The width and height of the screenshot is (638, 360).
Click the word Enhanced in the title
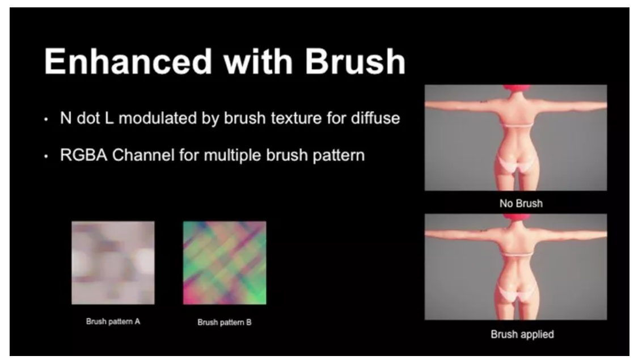(x=128, y=61)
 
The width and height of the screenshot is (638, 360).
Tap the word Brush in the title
(x=355, y=61)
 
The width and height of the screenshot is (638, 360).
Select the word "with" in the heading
(x=258, y=61)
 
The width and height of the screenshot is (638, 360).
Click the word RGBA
(x=83, y=155)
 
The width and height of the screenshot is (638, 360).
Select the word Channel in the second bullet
(x=143, y=155)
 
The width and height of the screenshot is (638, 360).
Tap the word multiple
(x=233, y=155)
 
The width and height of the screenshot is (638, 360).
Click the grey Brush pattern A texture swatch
(x=113, y=263)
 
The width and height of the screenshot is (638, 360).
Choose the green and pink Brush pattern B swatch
(x=225, y=263)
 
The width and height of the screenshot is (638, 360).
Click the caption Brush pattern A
(x=113, y=321)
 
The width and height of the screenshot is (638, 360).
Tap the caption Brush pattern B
(x=225, y=322)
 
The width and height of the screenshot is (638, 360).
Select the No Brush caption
(x=521, y=204)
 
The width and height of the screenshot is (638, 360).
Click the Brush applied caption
(x=522, y=334)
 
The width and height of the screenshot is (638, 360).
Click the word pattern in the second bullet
(x=339, y=155)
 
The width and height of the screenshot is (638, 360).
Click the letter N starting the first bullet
(x=66, y=118)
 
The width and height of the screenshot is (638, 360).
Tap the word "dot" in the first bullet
(x=88, y=118)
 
